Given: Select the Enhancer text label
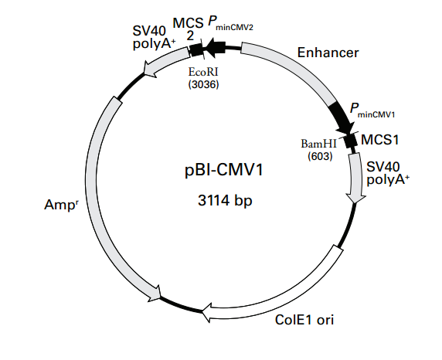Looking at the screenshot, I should tap(328, 53).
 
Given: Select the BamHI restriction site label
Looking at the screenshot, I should tap(318, 144).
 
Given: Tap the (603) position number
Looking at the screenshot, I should tap(318, 155).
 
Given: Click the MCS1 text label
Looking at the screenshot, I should tap(380, 140).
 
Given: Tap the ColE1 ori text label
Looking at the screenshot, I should tap(305, 318).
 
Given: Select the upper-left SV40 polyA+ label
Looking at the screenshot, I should tap(154, 36).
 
